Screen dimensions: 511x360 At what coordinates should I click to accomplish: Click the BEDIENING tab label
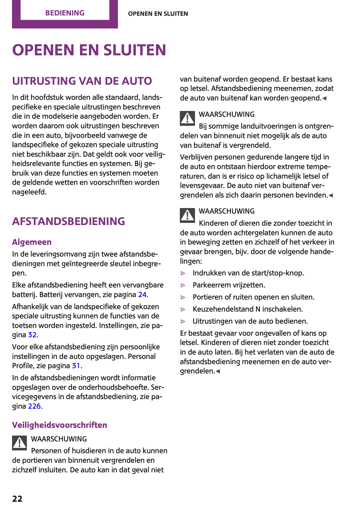coord(65,13)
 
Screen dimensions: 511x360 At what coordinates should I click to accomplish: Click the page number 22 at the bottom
coord(17,499)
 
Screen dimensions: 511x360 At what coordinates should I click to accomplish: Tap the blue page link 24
coord(142,295)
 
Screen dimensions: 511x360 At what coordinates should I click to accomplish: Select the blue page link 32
coord(32,335)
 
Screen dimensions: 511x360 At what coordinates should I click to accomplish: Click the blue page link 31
coord(76,366)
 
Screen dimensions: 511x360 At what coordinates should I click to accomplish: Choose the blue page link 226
coord(34,406)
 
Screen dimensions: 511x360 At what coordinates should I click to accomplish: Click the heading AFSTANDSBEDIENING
coord(68,221)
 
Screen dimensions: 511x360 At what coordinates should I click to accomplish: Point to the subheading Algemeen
coord(32,242)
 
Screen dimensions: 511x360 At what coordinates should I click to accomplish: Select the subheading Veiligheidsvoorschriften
coord(59,425)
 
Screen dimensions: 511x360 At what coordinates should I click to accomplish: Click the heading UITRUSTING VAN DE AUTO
coord(82,81)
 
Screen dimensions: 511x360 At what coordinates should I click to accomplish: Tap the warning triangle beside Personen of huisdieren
coord(20,443)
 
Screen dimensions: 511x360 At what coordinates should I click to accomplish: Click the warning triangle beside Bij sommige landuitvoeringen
coord(187,118)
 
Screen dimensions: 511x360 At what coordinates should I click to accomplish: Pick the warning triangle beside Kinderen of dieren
coord(187,215)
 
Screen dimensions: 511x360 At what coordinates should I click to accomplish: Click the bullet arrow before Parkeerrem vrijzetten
coord(183,285)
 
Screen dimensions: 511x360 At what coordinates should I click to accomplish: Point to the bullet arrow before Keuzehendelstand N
coord(183,309)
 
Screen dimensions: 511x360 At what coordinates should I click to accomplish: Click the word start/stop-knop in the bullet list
coord(286,273)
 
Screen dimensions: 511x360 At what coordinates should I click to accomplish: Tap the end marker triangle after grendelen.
coord(218,371)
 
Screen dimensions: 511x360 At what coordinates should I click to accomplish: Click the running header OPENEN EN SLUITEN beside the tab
coord(158,14)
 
